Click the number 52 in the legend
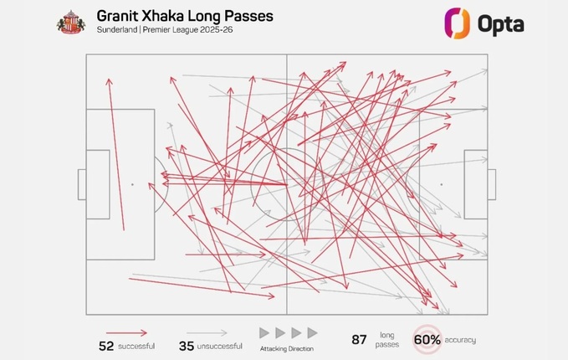tap(106, 346)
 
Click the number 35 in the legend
tap(187, 346)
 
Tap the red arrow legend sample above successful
tap(126, 332)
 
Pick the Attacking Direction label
tap(288, 348)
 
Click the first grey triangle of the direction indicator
tap(264, 332)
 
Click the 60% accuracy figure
tap(427, 340)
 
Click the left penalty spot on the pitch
tap(132, 184)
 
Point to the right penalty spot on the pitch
tap(441, 184)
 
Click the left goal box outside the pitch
tap(82, 184)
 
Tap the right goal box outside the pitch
tap(492, 184)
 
